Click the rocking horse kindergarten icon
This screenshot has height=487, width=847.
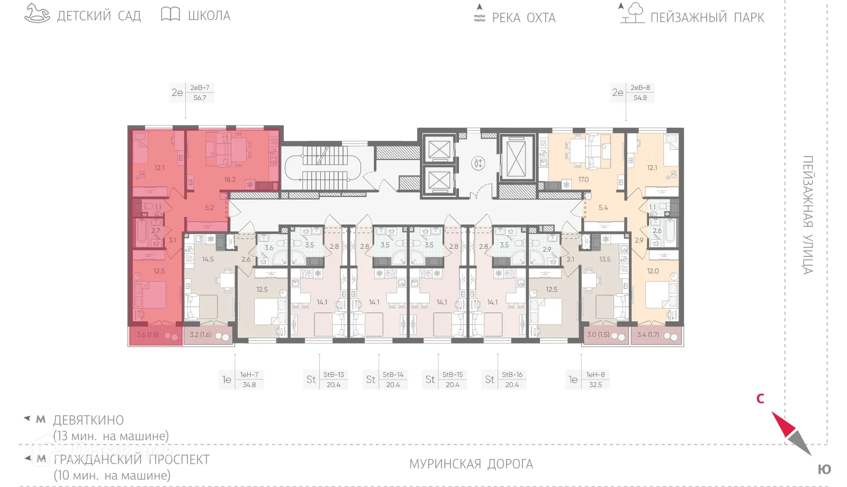[x=37, y=14]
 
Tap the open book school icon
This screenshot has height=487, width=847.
[x=170, y=14]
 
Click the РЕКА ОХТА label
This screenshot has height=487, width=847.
[x=524, y=18]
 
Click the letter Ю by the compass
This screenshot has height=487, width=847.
[x=824, y=470]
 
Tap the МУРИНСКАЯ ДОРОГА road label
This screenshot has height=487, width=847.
[x=471, y=464]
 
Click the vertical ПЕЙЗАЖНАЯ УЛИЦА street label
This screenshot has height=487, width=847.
[x=807, y=214]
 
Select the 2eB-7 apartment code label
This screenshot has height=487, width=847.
[x=200, y=88]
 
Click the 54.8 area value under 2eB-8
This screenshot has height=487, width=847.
[x=640, y=98]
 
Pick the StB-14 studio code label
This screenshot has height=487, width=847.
[x=393, y=375]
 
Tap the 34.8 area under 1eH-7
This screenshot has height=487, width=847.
[x=249, y=385]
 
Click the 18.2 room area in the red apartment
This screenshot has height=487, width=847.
[x=229, y=179]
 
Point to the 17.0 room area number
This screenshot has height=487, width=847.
[x=583, y=179]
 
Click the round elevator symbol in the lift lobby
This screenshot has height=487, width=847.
[x=478, y=163]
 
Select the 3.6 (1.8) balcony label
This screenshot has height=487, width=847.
[x=148, y=335]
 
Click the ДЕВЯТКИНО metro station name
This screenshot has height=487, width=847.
[x=88, y=420]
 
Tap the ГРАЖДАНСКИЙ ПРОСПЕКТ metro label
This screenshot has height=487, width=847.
[x=132, y=459]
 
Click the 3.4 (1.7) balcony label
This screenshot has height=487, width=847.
[x=648, y=335]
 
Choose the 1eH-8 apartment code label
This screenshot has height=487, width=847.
[x=595, y=375]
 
